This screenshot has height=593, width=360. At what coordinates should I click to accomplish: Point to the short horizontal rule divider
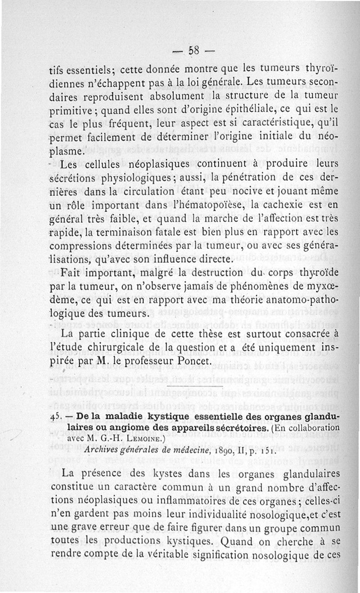point(194,386)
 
